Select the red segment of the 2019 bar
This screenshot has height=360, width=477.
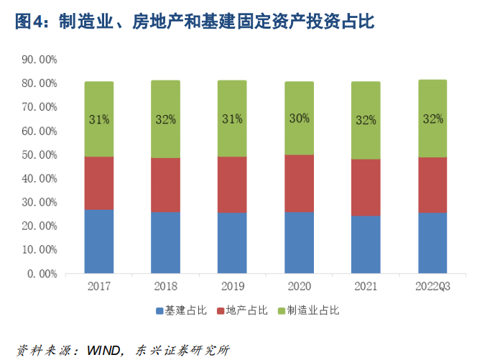pyautogui.click(x=232, y=185)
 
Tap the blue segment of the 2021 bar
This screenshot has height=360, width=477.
pyautogui.click(x=366, y=244)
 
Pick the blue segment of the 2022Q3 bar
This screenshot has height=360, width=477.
pyautogui.click(x=432, y=243)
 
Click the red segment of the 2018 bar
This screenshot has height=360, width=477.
pyautogui.click(x=165, y=185)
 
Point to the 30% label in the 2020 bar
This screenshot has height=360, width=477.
pyautogui.click(x=299, y=119)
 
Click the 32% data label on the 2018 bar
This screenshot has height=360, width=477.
pyautogui.click(x=165, y=119)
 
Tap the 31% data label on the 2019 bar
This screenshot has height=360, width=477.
pyautogui.click(x=232, y=119)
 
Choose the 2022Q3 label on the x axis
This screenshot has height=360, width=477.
pyautogui.click(x=432, y=287)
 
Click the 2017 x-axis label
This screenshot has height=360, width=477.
pyautogui.click(x=99, y=287)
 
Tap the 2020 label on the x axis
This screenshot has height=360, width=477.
pyautogui.click(x=299, y=287)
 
